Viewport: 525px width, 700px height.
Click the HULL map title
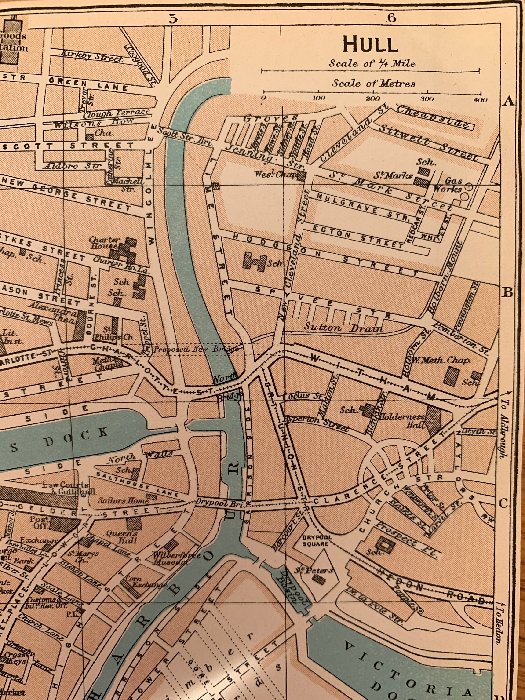point(371,45)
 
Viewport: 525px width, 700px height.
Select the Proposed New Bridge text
point(195,349)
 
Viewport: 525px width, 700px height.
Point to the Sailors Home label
point(124,500)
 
